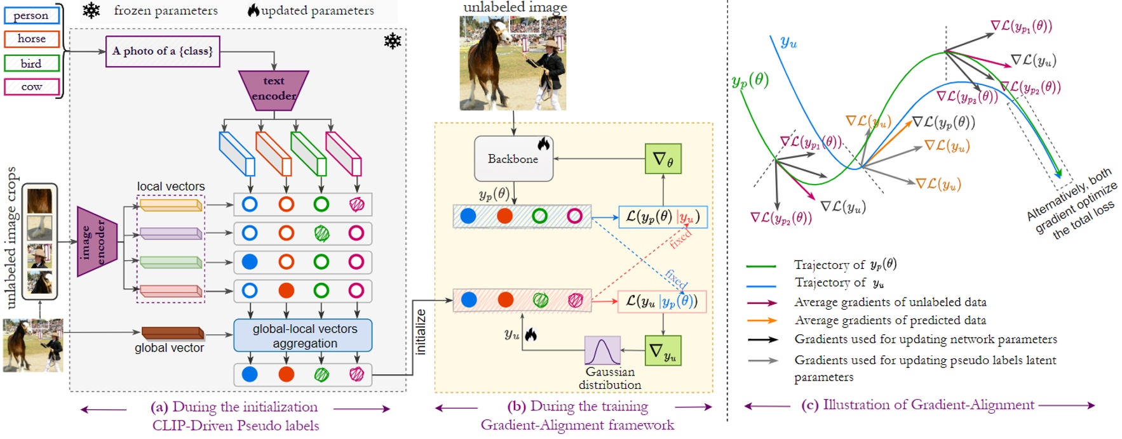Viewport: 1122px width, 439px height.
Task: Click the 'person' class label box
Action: tap(31, 15)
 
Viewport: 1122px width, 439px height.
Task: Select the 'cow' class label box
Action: tap(31, 87)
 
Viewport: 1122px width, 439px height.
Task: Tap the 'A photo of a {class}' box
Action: tap(163, 51)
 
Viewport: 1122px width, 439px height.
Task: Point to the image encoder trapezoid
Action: tap(97, 242)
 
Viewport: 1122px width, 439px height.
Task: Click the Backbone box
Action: tap(513, 159)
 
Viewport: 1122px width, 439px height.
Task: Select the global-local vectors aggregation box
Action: tap(303, 336)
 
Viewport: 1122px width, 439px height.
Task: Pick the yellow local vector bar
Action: tap(170, 205)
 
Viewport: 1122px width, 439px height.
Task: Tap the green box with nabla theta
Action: tap(663, 159)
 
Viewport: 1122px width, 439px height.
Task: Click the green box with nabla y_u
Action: tap(663, 351)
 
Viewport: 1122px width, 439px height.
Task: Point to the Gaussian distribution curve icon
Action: tap(602, 351)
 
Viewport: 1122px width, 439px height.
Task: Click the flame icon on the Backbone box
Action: tap(543, 143)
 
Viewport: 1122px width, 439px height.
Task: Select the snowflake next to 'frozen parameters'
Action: tap(91, 10)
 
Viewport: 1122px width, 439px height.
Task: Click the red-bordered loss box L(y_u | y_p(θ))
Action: tap(662, 301)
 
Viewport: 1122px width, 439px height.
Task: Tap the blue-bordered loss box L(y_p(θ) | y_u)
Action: tap(662, 217)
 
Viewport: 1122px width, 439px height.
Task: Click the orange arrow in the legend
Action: tap(762, 320)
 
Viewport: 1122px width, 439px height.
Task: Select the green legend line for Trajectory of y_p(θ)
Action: tap(761, 266)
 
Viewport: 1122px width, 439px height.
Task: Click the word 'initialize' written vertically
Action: tap(420, 331)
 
